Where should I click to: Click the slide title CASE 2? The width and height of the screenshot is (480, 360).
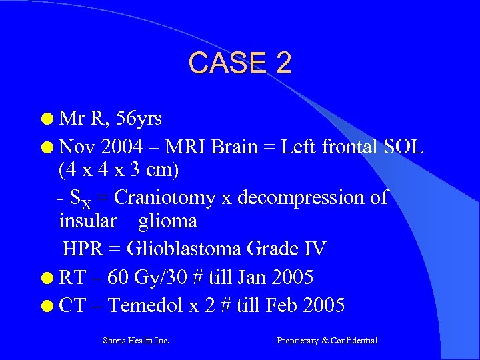click(x=240, y=63)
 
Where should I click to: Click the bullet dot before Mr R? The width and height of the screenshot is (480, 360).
click(x=46, y=120)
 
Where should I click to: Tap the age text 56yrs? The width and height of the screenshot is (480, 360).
click(x=139, y=119)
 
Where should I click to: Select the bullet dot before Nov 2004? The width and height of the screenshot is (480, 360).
click(x=46, y=146)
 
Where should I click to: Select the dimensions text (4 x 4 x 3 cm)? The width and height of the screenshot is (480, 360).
click(x=119, y=171)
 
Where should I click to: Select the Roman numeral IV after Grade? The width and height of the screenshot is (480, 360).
click(x=314, y=249)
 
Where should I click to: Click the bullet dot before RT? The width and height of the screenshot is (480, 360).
click(x=46, y=277)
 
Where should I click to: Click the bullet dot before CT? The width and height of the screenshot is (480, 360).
click(x=46, y=306)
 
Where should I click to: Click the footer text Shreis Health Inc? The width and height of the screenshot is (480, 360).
click(x=136, y=341)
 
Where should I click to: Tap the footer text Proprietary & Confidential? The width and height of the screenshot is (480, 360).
click(x=327, y=341)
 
